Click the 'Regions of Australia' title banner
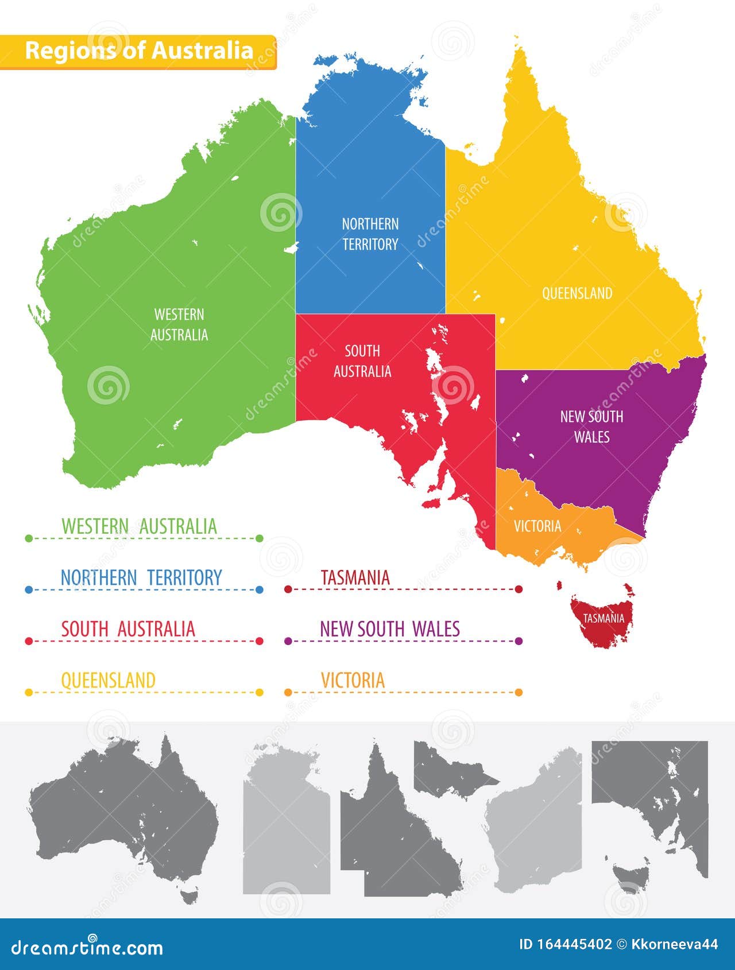(138, 51)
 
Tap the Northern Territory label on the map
(370, 234)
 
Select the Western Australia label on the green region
(179, 325)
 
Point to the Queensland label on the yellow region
(577, 293)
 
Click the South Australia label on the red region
(362, 361)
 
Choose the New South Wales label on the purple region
(591, 426)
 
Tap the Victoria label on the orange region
(537, 526)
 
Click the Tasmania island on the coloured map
(603, 620)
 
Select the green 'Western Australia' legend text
(139, 526)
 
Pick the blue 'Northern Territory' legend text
(141, 577)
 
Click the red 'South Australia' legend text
(128, 629)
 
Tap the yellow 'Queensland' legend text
(109, 680)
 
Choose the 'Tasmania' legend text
(355, 577)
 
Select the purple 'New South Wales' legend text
(390, 629)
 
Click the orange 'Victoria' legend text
(353, 680)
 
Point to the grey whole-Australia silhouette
(123, 815)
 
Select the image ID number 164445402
(574, 944)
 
